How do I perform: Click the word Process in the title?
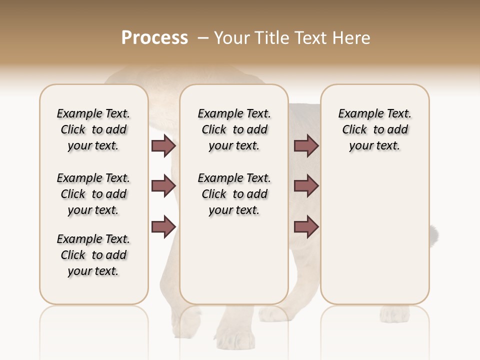154,38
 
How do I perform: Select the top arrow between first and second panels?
163,145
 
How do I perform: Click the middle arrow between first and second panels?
163,186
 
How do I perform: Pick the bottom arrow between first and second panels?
163,226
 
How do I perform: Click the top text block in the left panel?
93,129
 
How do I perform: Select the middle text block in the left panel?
93,194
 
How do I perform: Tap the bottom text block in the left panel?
93,255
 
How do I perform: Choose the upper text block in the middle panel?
234,129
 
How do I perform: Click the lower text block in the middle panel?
234,194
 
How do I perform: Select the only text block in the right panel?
375,129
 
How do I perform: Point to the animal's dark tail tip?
435,233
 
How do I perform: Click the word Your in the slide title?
232,38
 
